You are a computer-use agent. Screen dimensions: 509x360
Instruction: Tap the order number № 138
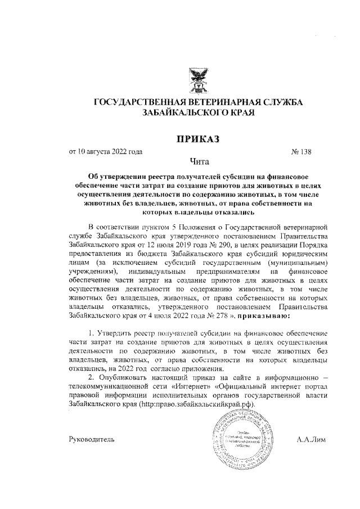point(301,151)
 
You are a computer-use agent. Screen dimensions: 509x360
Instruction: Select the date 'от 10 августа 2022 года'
point(105,151)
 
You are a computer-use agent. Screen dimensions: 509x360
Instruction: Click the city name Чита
point(198,163)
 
